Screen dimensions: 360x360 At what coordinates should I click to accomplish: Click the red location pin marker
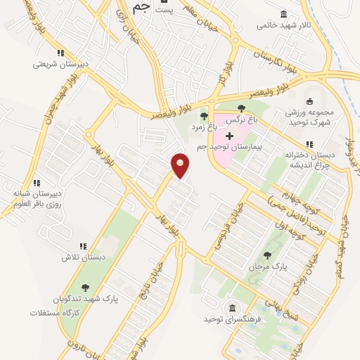(181, 165)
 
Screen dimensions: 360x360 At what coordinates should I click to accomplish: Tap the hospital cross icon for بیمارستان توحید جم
(229, 135)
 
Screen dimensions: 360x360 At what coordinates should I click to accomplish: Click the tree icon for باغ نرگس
(242, 108)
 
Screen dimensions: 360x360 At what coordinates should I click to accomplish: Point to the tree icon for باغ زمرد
(204, 116)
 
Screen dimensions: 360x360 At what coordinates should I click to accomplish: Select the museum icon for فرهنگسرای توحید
(232, 308)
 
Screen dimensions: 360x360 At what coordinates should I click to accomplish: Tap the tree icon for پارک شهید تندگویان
(85, 287)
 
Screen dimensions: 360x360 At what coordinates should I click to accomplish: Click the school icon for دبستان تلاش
(82, 246)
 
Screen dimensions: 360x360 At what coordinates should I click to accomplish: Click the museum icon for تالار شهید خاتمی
(283, 15)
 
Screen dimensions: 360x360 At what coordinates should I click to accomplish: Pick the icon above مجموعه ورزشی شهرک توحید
(309, 102)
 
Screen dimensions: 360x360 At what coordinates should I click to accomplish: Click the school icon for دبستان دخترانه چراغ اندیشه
(310, 144)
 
